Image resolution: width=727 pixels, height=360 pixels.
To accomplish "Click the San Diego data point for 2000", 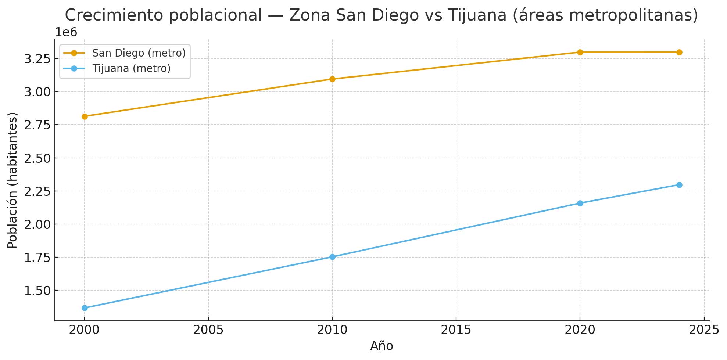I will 85,116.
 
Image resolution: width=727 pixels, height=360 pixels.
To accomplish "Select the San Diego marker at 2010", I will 332,79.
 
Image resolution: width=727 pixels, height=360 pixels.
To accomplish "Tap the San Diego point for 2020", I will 580,52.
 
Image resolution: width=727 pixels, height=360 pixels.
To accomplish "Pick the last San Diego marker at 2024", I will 679,52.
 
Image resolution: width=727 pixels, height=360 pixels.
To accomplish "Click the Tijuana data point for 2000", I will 85,308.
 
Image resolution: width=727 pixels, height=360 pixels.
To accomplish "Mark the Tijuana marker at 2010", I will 332,257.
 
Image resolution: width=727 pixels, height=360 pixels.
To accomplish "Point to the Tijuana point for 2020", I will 580,203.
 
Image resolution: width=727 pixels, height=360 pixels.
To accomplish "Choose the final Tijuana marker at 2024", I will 679,185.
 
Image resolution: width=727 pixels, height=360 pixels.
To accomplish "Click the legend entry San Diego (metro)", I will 139,53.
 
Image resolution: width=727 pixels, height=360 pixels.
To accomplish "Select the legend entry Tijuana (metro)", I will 131,68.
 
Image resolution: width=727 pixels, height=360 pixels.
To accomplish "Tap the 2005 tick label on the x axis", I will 208,330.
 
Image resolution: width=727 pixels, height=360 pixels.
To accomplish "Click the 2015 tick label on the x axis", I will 456,330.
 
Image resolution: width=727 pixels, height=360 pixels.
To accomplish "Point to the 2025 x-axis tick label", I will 704,330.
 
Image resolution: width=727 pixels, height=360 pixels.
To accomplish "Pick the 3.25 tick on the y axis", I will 37,59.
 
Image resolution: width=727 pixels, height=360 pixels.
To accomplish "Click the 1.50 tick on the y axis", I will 37,291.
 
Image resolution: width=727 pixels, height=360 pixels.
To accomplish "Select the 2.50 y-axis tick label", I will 37,158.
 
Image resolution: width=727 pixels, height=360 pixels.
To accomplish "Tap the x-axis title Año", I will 382,346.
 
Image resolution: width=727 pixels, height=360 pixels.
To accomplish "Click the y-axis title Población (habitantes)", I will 12,180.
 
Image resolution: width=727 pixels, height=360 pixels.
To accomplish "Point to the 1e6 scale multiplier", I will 66,32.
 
